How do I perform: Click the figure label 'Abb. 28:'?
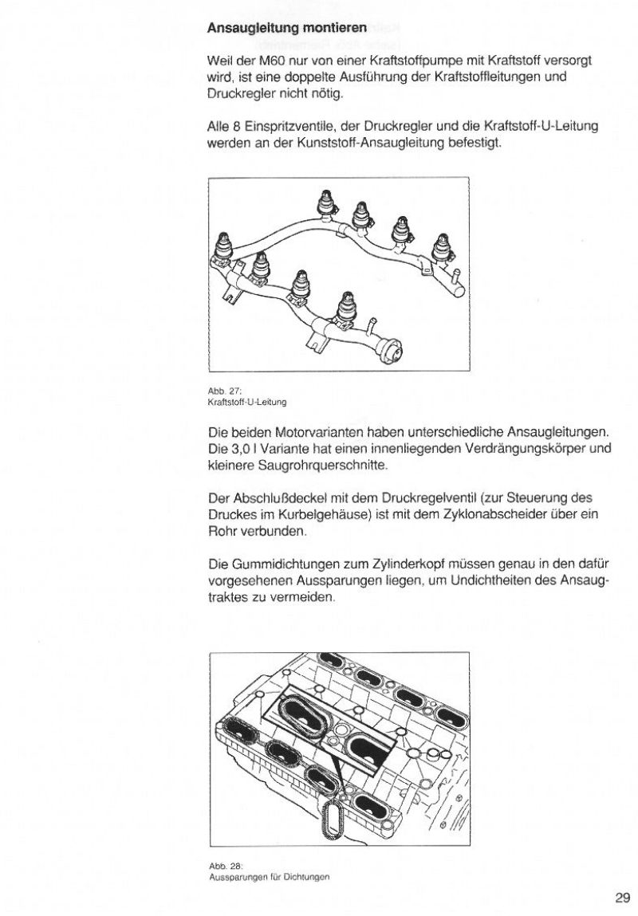click(x=219, y=865)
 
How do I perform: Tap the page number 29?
click(x=622, y=898)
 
